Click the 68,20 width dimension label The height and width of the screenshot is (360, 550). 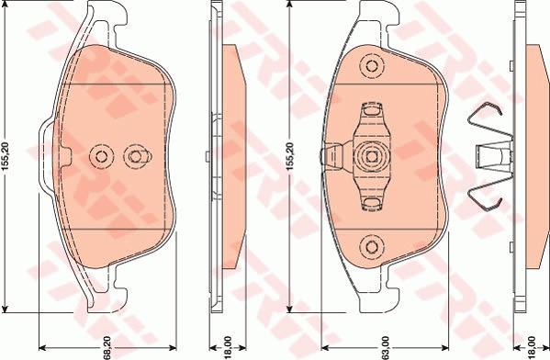tap(107, 348)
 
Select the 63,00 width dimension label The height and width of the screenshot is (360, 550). tap(385, 348)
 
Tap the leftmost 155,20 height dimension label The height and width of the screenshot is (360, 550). tap(6, 156)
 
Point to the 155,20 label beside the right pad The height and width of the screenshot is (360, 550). tap(290, 156)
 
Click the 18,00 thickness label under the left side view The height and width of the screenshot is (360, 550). tap(228, 346)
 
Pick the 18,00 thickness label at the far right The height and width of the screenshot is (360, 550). tap(532, 346)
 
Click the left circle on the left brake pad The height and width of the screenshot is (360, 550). tap(102, 156)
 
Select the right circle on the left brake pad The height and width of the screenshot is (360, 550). tap(136, 156)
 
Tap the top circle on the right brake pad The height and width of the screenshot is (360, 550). tap(372, 66)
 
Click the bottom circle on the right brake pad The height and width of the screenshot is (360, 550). tap(372, 247)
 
